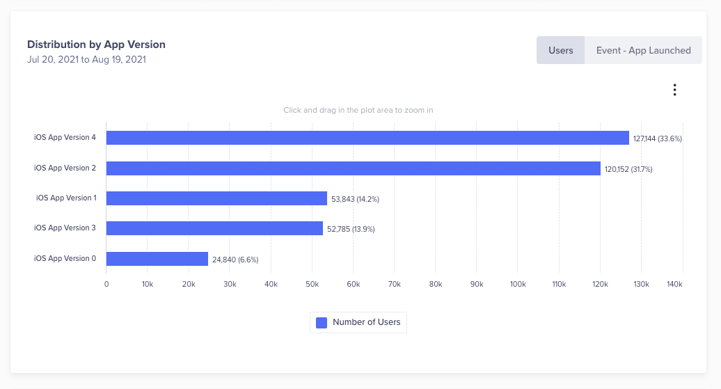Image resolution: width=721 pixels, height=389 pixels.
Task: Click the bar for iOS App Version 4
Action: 367,138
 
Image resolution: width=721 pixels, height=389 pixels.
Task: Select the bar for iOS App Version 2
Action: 353,168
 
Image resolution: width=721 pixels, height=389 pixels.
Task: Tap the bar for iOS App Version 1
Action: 216,198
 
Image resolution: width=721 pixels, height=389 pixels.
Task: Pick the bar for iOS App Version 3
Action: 214,228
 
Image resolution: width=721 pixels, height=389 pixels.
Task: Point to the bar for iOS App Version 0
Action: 157,259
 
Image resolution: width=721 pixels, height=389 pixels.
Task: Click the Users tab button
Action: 560,50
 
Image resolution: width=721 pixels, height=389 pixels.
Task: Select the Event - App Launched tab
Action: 643,50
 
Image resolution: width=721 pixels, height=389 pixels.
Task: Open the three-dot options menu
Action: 674,90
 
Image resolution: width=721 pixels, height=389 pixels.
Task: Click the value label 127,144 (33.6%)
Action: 657,138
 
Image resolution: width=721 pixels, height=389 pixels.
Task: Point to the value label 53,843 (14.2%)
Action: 355,199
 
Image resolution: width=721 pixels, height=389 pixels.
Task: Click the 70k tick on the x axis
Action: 395,284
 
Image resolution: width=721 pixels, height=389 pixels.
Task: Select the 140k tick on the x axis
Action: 675,284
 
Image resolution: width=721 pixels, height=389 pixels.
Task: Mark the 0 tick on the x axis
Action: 106,284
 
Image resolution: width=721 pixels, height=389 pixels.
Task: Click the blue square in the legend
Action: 322,322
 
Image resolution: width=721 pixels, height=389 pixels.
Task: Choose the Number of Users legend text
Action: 366,322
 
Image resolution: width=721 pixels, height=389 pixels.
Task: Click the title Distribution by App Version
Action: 96,45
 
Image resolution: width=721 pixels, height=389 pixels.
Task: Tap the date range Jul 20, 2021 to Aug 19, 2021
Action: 86,59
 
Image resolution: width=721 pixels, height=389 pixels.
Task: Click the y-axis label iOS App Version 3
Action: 65,228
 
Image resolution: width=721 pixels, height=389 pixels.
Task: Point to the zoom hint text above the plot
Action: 358,110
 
